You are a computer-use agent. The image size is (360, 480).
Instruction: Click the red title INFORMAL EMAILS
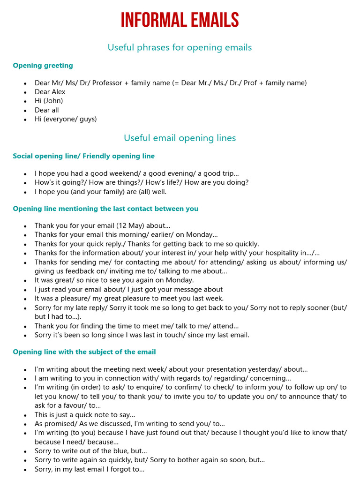tap(180, 21)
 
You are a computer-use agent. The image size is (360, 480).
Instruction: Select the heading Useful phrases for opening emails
tap(180, 47)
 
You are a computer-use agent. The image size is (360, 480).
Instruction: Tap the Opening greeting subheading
tap(43, 66)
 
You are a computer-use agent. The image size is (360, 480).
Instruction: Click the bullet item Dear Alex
tap(50, 92)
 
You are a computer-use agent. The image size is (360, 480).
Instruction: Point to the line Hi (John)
tap(48, 101)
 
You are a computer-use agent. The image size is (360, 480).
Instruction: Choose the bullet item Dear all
tap(46, 110)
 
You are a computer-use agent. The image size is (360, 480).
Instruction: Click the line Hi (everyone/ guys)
tap(65, 119)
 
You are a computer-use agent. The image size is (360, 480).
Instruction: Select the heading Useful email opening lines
tap(180, 138)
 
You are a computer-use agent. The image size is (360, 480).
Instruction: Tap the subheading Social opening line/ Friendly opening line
tap(83, 156)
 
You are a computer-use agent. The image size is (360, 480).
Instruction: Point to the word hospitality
tap(286, 253)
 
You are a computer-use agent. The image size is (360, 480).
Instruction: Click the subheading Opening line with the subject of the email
tap(84, 352)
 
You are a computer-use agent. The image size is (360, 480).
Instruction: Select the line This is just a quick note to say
tap(85, 415)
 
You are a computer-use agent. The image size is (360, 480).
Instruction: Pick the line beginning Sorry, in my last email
tap(89, 469)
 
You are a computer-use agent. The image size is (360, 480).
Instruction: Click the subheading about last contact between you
tap(105, 209)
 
